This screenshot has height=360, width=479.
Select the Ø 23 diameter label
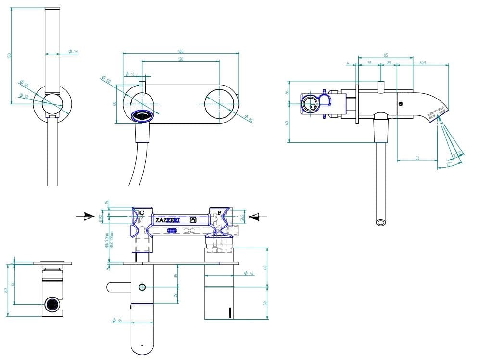73,51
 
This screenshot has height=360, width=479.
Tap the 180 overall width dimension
180,51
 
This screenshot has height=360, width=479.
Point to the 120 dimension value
180,59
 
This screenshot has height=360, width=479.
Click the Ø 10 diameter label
130,74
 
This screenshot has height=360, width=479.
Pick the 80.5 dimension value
423,62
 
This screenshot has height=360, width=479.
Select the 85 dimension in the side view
386,55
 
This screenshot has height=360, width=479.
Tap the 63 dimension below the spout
417,158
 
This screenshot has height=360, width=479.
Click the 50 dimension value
265,303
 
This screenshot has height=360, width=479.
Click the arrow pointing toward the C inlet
87,217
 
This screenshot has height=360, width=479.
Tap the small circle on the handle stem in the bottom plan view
142,287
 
